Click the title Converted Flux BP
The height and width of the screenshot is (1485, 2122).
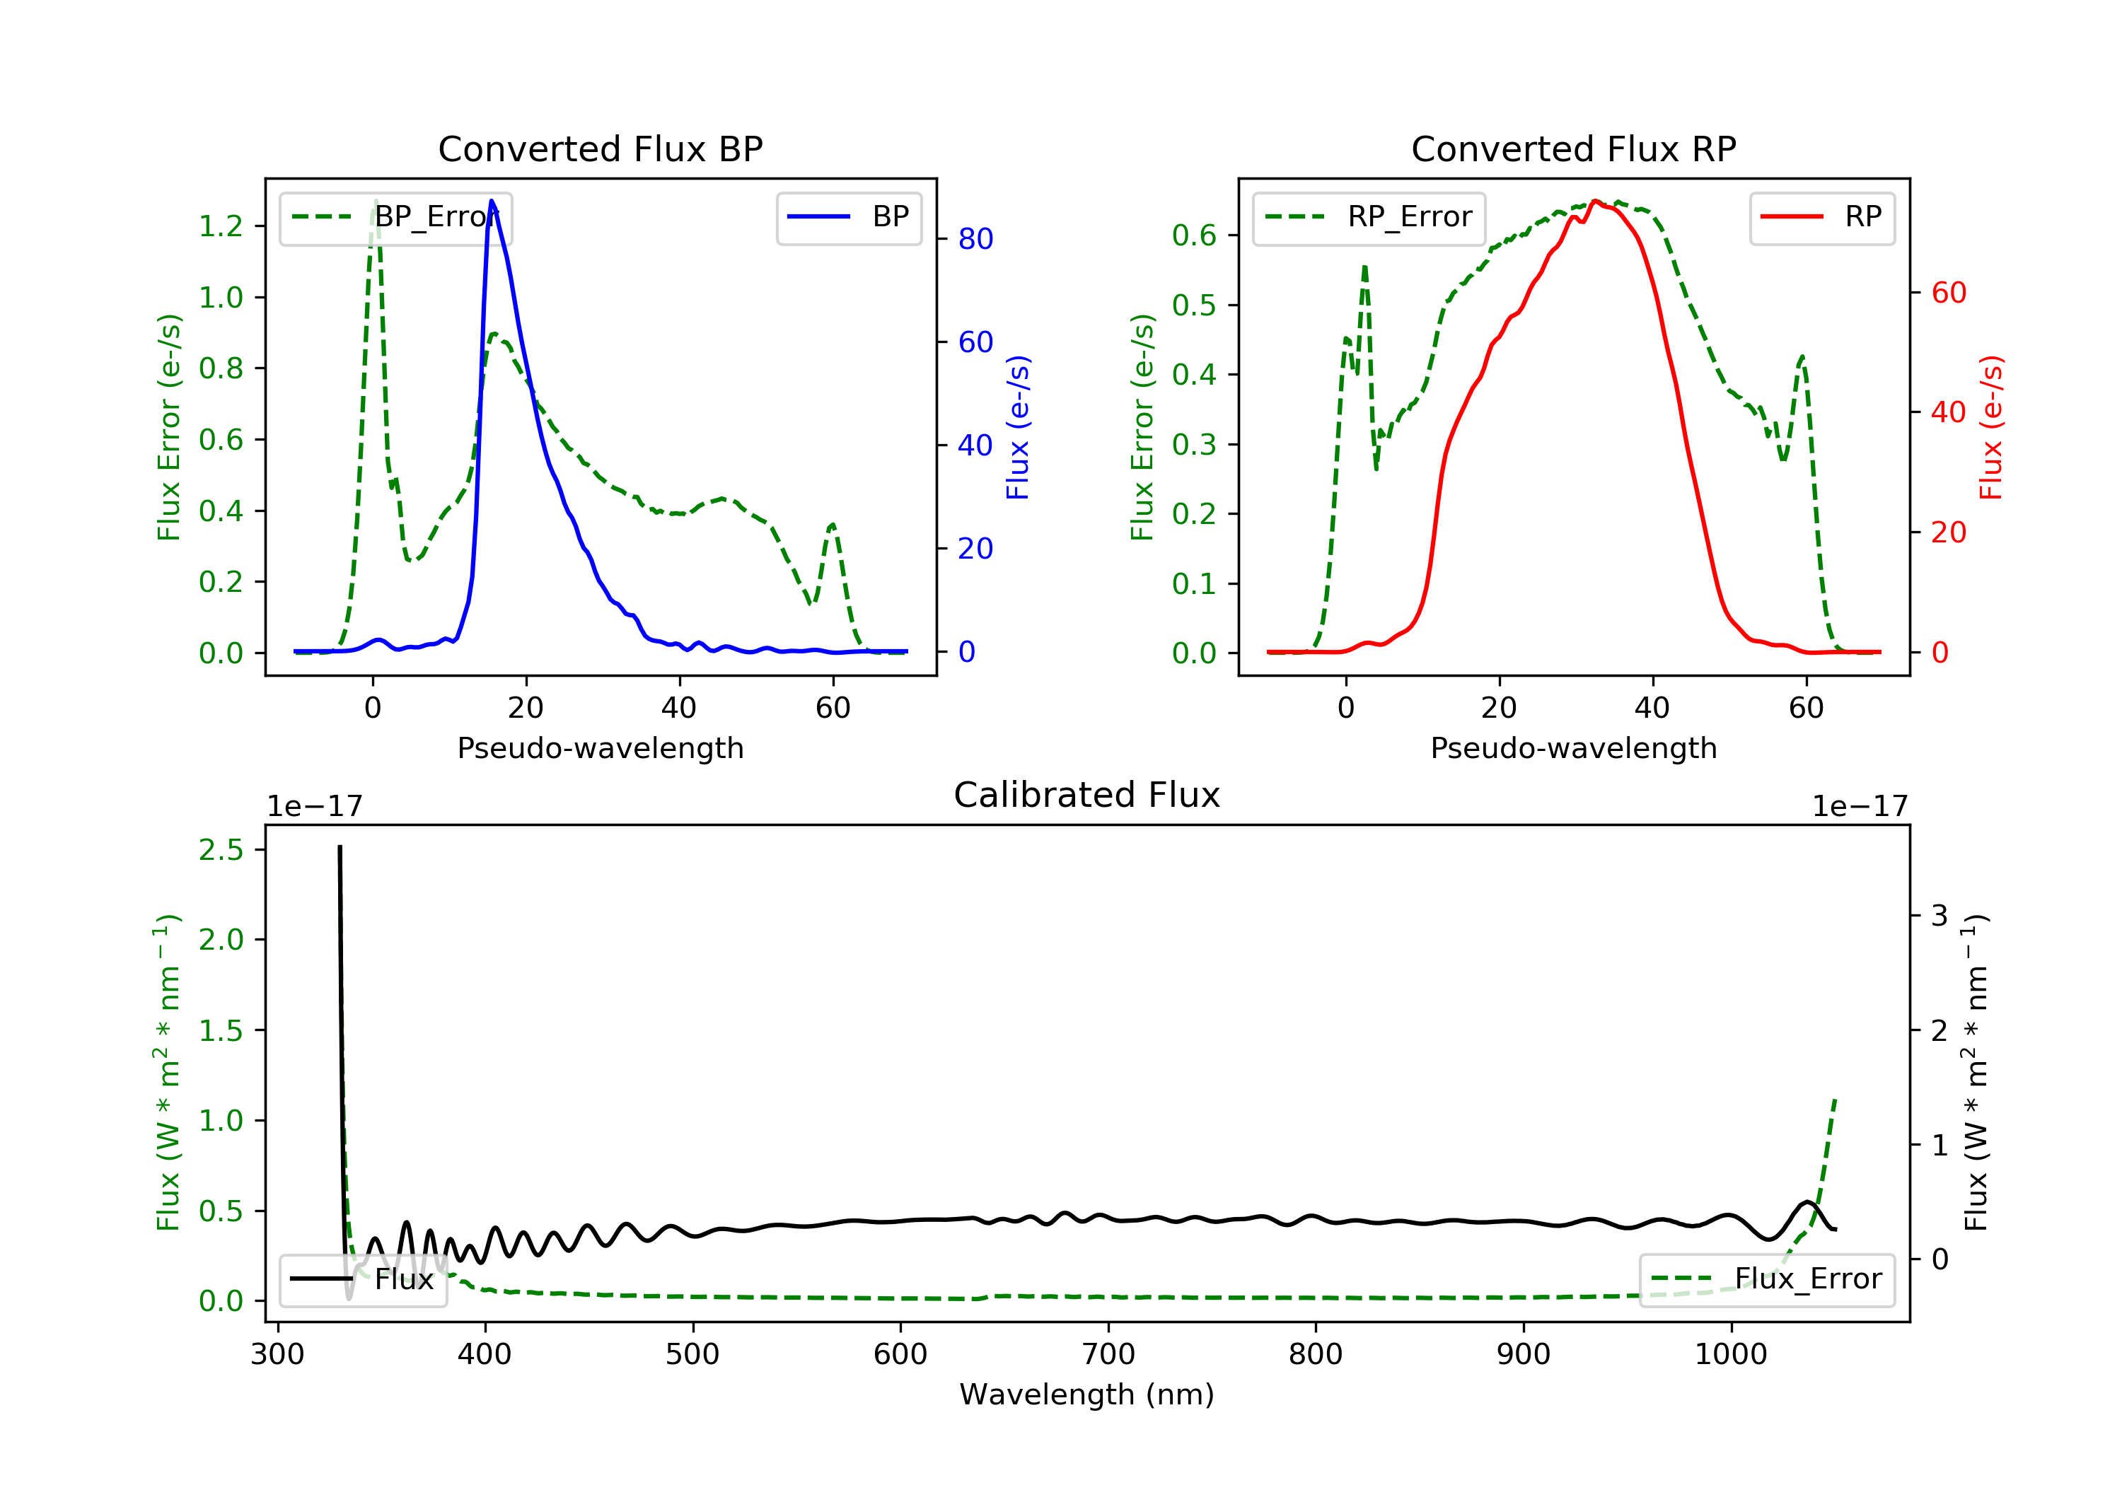point(600,148)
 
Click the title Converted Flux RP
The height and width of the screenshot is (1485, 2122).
point(1573,148)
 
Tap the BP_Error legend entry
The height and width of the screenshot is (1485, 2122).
point(395,217)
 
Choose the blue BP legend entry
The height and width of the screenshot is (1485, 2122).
point(848,217)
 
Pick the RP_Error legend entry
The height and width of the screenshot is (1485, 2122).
point(1369,217)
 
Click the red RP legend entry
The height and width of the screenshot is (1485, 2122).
point(1821,217)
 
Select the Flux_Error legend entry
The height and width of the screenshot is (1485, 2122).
point(1766,1279)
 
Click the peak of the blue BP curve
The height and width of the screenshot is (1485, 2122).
point(492,201)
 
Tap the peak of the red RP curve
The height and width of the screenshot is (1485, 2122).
point(1595,201)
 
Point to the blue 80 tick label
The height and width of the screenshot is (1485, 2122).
point(975,239)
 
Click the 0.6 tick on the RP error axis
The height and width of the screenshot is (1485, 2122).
point(1194,235)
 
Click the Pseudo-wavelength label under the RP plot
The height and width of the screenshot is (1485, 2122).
point(1573,747)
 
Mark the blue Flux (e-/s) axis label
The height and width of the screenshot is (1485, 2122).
point(1018,427)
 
